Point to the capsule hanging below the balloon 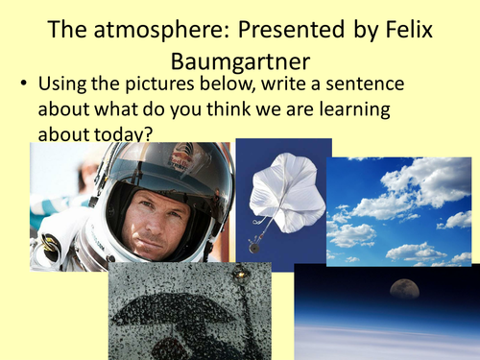tap(253, 246)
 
